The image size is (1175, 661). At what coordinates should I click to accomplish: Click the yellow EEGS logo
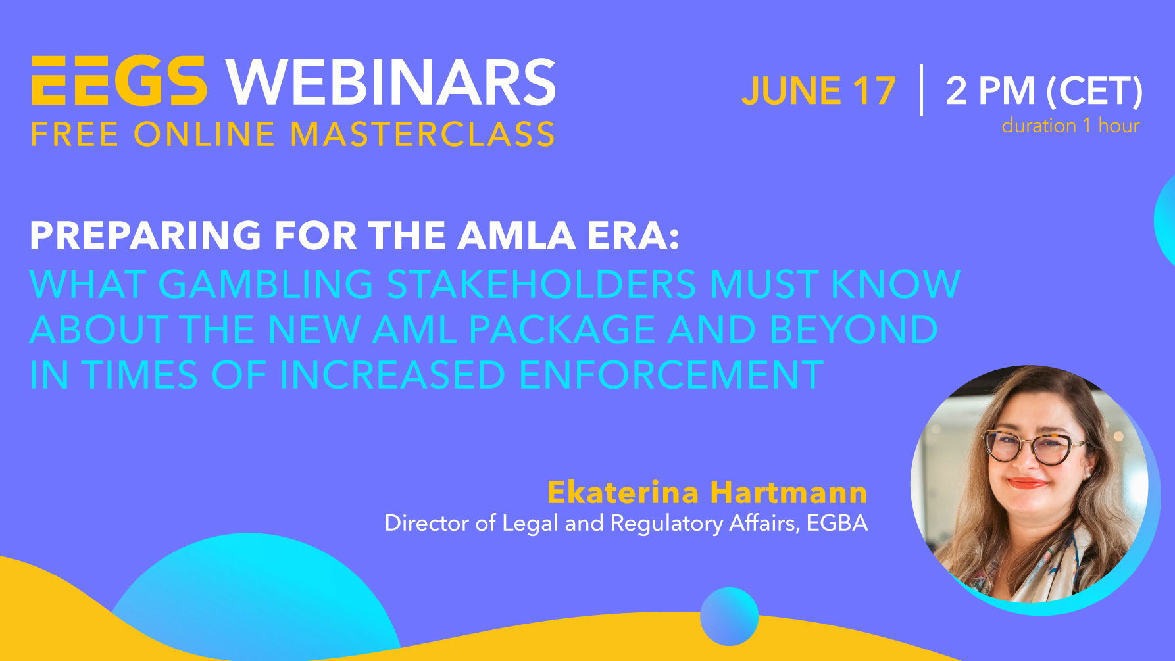119,81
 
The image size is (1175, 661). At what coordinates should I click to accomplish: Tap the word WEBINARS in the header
391,82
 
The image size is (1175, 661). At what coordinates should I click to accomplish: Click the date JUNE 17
818,91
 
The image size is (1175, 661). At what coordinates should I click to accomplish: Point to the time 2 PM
990,91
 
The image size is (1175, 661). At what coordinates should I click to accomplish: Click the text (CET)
1094,91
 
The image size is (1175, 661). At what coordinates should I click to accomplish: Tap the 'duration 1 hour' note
1070,126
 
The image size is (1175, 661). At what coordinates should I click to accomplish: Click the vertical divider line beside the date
921,90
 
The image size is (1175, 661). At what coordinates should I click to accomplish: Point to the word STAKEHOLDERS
541,283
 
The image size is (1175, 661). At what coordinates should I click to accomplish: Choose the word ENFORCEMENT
671,375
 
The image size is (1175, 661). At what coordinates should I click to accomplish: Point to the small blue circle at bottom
729,616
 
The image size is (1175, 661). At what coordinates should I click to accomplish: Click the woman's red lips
1026,483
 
